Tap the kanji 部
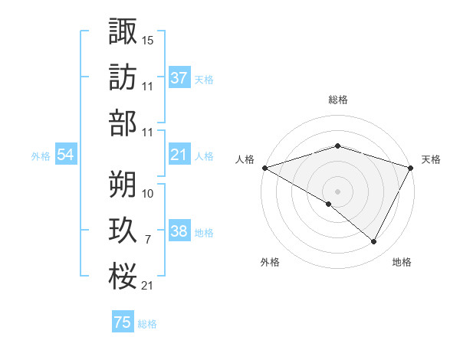[x=123, y=123]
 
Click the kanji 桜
[x=123, y=277]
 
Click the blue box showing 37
[x=179, y=78]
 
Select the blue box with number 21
[x=179, y=155]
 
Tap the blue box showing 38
[x=179, y=231]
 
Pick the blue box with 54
[x=65, y=155]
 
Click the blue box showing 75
[x=123, y=322]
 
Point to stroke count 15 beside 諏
[x=148, y=39]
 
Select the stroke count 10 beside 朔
[x=148, y=193]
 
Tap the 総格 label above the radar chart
[x=337, y=100]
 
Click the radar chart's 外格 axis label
[x=270, y=263]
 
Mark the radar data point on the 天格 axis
[x=412, y=168]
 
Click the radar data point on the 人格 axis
[x=264, y=168]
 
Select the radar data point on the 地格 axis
[x=374, y=242]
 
